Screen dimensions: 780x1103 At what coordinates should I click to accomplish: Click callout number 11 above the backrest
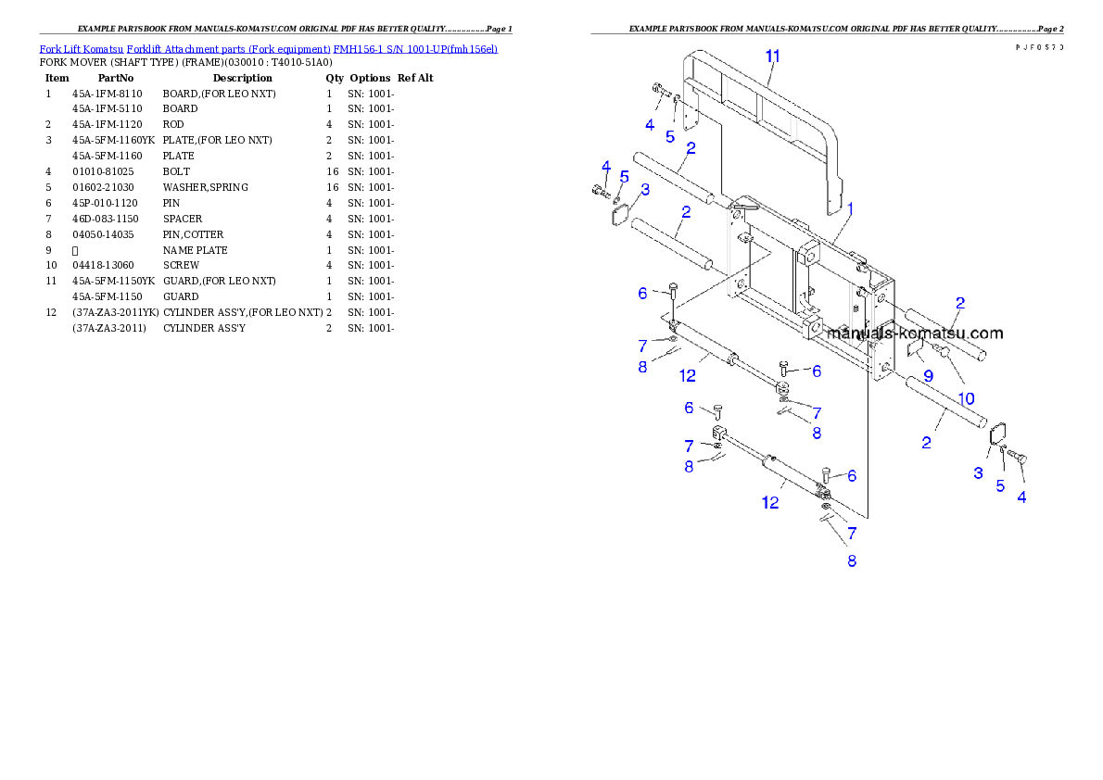tap(773, 56)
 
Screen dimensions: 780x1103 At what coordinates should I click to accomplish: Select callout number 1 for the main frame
tap(849, 209)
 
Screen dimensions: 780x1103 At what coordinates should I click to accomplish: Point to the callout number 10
tap(966, 398)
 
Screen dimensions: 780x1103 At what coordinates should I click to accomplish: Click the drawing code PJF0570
tap(1038, 46)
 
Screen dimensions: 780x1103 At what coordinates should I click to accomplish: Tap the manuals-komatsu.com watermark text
tap(914, 333)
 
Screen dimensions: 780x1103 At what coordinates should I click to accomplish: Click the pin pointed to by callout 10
tap(941, 350)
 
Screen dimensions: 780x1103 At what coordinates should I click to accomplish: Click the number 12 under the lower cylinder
tap(770, 503)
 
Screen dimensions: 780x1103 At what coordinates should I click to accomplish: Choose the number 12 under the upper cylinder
tap(688, 376)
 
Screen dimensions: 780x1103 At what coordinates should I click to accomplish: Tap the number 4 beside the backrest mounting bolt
tap(650, 124)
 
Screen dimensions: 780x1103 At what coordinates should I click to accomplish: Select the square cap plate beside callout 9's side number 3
tap(998, 432)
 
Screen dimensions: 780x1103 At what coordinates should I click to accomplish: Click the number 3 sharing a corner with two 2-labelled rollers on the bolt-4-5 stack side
tap(645, 190)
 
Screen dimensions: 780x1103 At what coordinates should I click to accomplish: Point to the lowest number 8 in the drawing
tap(851, 560)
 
